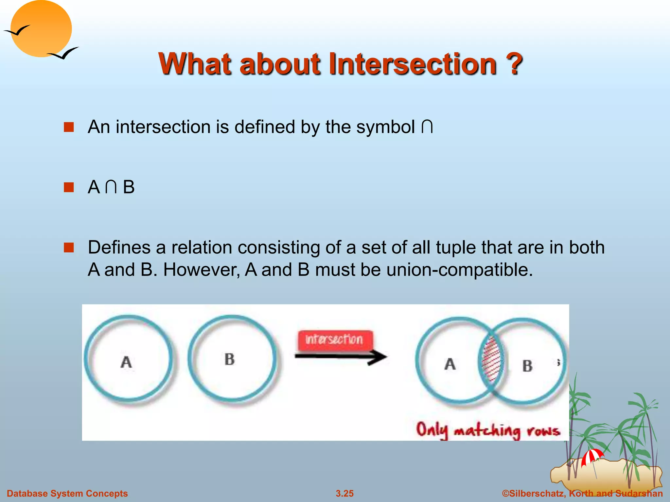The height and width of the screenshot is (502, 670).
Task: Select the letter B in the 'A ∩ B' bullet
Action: coord(129,188)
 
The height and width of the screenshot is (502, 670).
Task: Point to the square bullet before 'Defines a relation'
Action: coord(69,247)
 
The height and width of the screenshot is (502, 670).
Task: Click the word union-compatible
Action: coord(459,270)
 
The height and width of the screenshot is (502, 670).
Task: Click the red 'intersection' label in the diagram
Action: coord(334,340)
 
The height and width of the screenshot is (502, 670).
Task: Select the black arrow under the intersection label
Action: coord(340,357)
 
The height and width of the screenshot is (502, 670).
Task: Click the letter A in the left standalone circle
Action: coord(126,362)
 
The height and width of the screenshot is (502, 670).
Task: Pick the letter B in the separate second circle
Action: coord(230,360)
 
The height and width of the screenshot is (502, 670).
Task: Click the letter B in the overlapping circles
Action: coord(527,366)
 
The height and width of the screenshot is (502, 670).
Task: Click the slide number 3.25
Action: coord(344,494)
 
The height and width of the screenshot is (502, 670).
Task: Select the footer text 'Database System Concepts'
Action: coord(67,494)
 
